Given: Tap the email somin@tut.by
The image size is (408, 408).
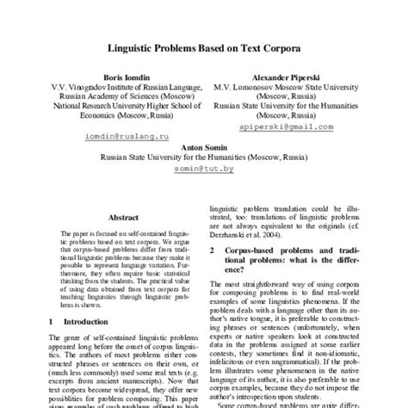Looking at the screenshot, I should coord(207,170).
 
